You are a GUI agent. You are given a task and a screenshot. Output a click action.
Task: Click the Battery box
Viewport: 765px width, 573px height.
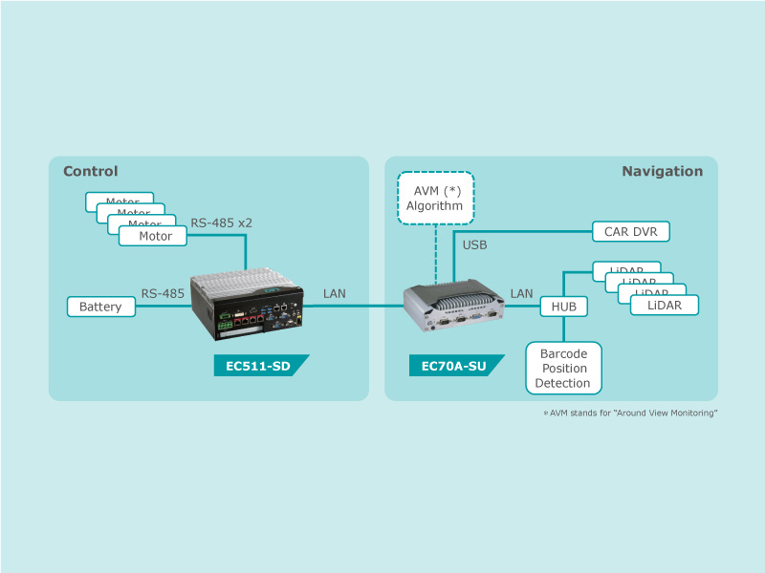tap(100, 307)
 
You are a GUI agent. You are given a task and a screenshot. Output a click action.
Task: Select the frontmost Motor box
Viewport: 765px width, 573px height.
tap(153, 236)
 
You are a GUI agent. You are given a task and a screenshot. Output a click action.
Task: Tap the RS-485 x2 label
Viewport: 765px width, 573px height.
tap(221, 223)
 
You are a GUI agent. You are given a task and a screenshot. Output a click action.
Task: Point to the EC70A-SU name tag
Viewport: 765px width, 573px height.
tap(453, 366)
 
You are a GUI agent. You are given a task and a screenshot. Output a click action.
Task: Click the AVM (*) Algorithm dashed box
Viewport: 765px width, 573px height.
tap(434, 198)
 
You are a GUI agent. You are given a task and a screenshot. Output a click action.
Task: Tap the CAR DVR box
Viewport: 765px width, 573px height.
tap(630, 231)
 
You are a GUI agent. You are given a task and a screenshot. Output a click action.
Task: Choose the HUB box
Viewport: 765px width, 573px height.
tap(564, 307)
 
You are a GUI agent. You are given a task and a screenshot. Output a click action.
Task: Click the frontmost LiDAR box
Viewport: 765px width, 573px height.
tap(664, 305)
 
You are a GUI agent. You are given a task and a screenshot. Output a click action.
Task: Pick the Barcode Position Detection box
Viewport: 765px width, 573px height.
tap(564, 368)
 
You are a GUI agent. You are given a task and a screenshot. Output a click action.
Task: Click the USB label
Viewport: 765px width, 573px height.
tap(475, 245)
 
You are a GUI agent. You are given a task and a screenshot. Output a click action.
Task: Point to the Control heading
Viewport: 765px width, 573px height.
tap(90, 172)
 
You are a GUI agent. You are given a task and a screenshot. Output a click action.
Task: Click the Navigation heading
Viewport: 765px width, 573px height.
tap(662, 172)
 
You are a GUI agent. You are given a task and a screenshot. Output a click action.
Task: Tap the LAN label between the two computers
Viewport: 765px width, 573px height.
tap(336, 293)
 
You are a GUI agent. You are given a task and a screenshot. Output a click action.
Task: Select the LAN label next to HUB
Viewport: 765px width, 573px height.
tap(521, 293)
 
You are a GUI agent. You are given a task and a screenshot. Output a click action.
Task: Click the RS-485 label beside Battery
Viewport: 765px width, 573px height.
tap(163, 293)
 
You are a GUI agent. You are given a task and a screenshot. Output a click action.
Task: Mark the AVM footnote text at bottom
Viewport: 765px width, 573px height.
tap(630, 413)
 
